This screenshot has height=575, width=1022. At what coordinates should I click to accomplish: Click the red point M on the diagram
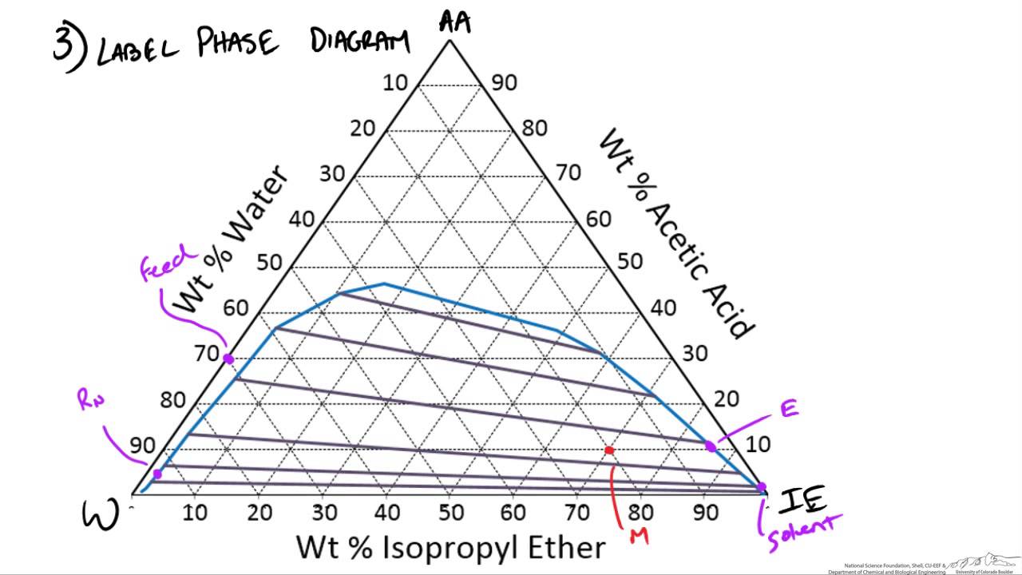609,450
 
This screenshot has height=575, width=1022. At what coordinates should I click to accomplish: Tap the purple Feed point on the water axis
228,359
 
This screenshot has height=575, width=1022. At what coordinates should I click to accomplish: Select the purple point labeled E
711,446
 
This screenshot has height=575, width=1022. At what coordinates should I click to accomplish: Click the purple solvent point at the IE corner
761,486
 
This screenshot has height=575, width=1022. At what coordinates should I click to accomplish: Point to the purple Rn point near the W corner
157,474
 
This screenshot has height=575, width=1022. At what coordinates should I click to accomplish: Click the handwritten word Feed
168,264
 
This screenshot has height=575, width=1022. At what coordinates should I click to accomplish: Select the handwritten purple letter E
789,409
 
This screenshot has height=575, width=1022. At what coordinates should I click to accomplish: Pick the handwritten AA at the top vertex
455,22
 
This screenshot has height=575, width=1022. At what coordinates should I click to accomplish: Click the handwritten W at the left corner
101,514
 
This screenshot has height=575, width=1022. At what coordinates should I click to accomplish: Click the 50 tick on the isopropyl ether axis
450,512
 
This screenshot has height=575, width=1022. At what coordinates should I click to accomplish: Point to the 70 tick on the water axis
206,352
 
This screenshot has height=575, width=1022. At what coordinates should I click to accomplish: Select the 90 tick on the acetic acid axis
505,82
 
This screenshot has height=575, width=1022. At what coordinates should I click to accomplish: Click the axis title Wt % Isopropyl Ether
451,548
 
